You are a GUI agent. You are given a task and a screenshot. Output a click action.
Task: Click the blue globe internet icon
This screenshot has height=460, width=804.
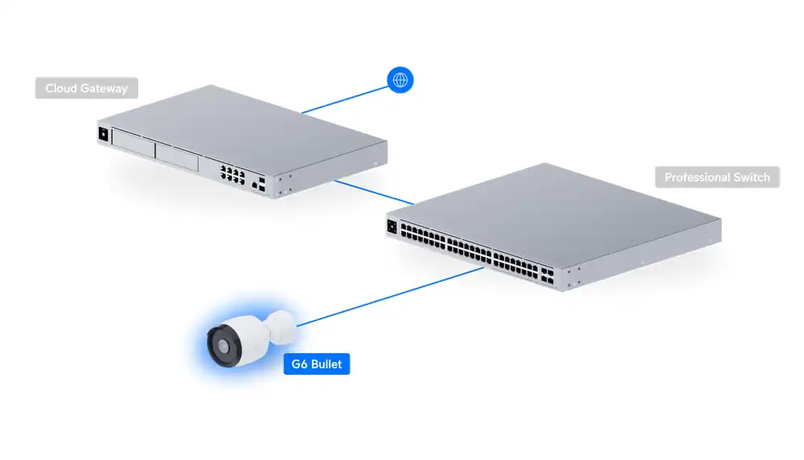point(400,80)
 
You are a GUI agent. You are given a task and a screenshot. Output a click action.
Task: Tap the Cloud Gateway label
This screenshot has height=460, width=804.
point(87,88)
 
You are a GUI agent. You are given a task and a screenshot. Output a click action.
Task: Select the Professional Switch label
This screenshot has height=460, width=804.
point(717,177)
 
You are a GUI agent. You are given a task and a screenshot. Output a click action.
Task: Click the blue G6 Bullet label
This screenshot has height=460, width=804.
point(316,364)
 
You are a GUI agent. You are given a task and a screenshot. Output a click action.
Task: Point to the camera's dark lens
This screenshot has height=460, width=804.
point(224,347)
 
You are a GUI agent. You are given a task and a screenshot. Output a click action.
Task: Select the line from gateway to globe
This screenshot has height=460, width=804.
point(345,100)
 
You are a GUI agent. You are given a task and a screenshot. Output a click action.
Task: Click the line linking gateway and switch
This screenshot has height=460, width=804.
point(374,193)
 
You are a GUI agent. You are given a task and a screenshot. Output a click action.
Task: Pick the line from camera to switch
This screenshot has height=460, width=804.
point(390,296)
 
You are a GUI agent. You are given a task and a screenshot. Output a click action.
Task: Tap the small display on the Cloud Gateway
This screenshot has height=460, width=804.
point(103,134)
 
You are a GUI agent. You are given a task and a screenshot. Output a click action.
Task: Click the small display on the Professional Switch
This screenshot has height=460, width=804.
point(392,226)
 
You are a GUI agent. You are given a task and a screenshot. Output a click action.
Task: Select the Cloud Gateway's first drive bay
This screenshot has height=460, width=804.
point(133,144)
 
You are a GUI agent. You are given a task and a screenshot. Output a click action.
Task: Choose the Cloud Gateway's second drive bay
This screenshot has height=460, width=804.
point(177,157)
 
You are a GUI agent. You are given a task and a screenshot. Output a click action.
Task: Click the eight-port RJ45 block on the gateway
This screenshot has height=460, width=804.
point(232,174)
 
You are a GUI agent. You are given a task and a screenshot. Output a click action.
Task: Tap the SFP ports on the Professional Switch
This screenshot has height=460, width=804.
point(547,275)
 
